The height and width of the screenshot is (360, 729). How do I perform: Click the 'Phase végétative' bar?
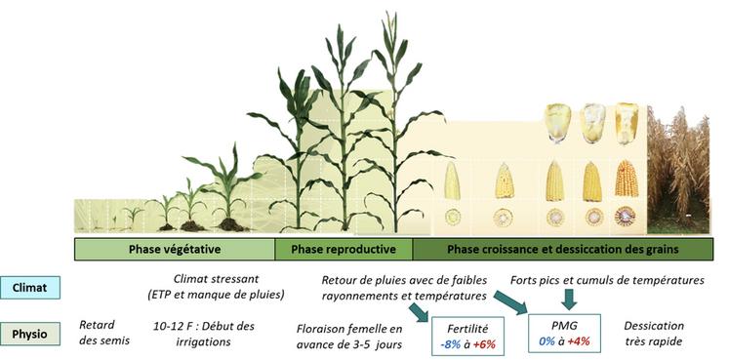click(x=175, y=248)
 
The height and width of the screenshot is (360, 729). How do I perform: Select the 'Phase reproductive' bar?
click(x=343, y=248)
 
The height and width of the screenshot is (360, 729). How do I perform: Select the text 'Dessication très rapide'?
click(x=655, y=333)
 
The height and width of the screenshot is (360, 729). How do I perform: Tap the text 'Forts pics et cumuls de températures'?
click(x=607, y=280)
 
